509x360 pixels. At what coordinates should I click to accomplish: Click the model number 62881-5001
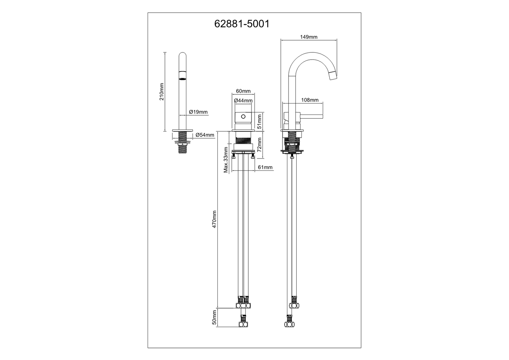point(242,24)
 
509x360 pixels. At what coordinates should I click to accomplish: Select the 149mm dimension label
point(309,37)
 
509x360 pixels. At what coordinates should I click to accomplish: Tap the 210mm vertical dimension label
point(162,92)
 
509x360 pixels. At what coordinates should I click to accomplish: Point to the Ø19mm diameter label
point(198,112)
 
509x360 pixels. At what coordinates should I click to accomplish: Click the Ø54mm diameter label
point(205,135)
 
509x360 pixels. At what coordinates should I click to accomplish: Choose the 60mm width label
point(243,91)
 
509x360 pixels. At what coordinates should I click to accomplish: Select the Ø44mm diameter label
point(243,100)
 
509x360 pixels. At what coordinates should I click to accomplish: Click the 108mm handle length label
point(310,100)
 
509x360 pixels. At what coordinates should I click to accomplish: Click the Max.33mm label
point(226,160)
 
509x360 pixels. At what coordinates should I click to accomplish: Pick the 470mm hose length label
point(215,219)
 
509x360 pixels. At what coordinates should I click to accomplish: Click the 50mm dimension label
point(214,317)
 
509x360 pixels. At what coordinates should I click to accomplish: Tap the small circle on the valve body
point(243,116)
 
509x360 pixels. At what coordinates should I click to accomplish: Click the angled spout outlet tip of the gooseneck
point(332,75)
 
